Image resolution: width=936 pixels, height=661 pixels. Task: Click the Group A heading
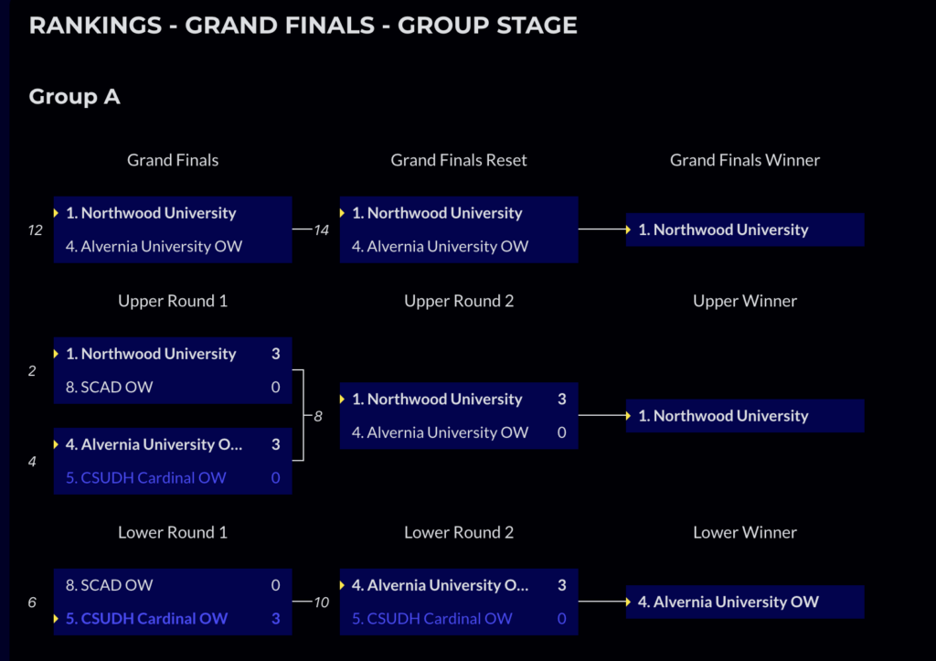tap(74, 96)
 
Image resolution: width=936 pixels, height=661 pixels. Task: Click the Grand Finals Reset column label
tap(459, 160)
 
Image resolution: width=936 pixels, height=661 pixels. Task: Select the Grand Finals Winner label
tap(744, 160)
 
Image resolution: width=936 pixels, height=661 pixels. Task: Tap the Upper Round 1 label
tap(173, 301)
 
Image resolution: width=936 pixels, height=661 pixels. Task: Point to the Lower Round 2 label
tap(459, 532)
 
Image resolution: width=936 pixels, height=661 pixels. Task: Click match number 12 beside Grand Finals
tap(36, 230)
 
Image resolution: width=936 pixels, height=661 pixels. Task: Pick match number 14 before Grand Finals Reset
tap(321, 230)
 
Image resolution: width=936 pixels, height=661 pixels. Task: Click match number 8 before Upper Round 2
tap(318, 416)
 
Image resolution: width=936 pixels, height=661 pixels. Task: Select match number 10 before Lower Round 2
tap(321, 602)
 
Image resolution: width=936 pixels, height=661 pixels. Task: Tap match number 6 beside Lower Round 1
tap(32, 602)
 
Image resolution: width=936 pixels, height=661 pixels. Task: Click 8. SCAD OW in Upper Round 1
tap(109, 387)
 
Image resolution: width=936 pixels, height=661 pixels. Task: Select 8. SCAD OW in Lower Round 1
tap(109, 585)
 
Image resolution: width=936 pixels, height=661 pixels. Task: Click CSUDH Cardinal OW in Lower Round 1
tap(146, 619)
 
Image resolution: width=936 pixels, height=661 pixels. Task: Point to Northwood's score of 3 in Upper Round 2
tap(561, 400)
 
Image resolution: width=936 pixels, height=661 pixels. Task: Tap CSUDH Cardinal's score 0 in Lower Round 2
tap(561, 619)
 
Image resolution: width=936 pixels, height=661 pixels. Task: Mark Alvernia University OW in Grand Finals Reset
tap(440, 247)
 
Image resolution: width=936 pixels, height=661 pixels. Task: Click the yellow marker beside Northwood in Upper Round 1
tap(57, 354)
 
